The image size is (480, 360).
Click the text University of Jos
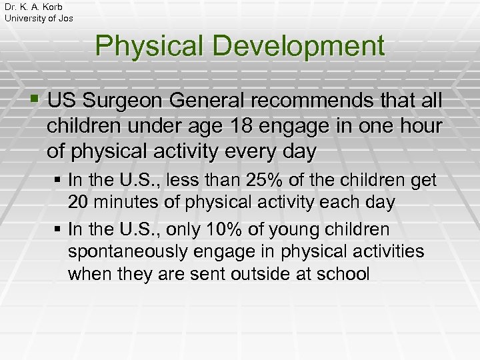[39, 18]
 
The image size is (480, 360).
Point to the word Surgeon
[132, 102]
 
